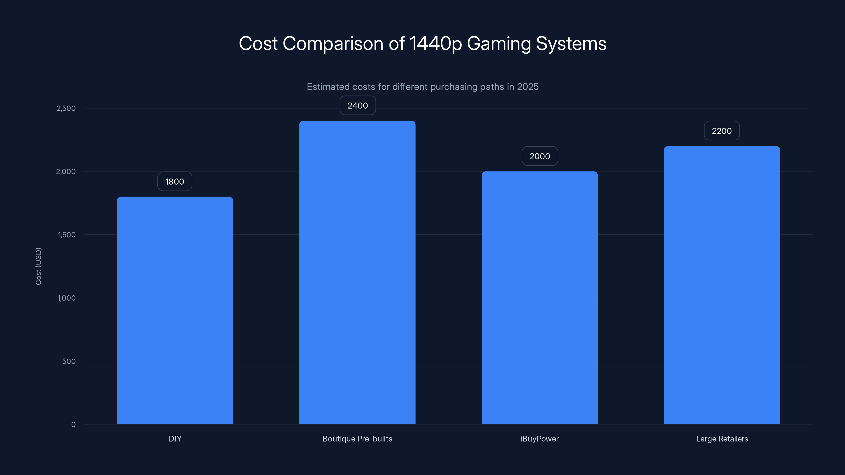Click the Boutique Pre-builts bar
click(x=357, y=272)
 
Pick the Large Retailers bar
click(x=722, y=285)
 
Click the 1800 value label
click(x=175, y=181)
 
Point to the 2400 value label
click(x=358, y=106)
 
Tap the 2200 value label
click(x=722, y=131)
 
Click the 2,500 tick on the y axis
click(x=66, y=108)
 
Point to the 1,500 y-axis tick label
click(x=67, y=235)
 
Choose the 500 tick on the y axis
click(x=69, y=361)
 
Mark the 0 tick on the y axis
click(x=73, y=425)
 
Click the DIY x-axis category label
click(x=175, y=439)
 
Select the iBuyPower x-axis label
click(x=539, y=439)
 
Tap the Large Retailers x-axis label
click(x=722, y=439)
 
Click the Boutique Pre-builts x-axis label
click(x=357, y=439)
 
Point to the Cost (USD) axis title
click(x=38, y=266)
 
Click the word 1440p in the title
click(x=436, y=44)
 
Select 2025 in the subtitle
click(x=528, y=87)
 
